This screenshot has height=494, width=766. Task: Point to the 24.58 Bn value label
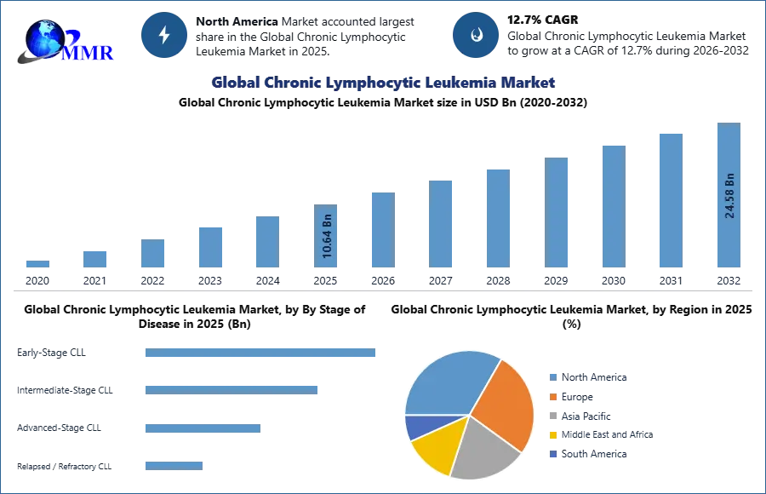[729, 196]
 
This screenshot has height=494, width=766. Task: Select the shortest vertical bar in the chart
[37, 265]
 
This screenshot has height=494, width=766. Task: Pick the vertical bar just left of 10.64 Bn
[266, 242]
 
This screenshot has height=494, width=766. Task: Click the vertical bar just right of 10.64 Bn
[381, 231]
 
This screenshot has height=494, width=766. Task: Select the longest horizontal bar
[261, 354]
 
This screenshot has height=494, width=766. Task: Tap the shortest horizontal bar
[174, 464]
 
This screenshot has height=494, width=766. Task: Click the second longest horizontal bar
[231, 389]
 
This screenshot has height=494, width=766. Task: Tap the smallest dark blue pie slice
[417, 426]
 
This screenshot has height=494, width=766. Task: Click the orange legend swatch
[552, 396]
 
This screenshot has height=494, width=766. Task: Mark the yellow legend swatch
[552, 436]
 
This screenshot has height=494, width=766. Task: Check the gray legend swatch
[552, 416]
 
